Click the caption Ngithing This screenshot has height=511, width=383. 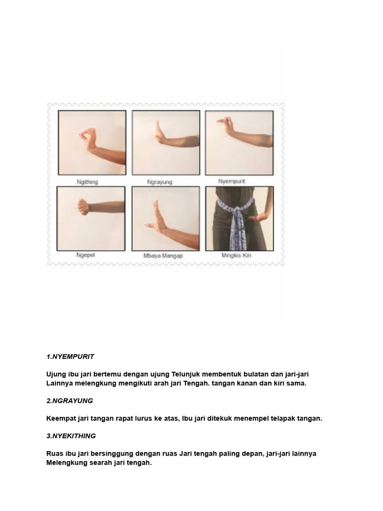click(x=87, y=182)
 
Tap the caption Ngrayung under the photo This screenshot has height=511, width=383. click(x=160, y=182)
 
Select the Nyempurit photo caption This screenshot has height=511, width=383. click(x=231, y=181)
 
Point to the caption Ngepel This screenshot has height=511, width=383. click(x=86, y=255)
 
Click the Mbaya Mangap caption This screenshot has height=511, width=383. click(x=163, y=255)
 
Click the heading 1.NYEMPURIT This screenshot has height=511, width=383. click(x=70, y=356)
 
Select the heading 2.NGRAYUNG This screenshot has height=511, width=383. click(x=70, y=401)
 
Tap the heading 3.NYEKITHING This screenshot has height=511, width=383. click(x=71, y=436)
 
